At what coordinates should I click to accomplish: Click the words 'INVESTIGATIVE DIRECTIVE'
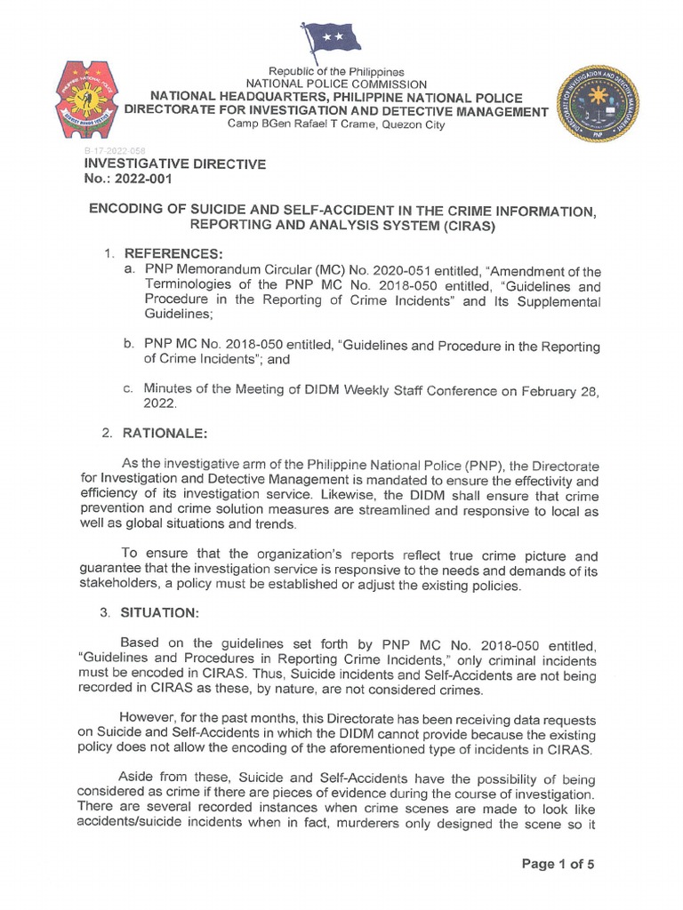(174, 164)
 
